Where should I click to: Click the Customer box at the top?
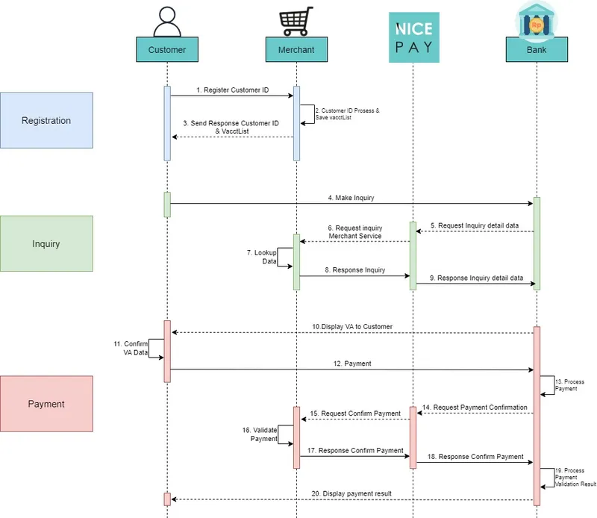[167, 50]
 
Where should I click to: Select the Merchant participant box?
[296, 50]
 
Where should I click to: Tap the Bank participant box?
[536, 50]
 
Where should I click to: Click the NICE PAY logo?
[413, 37]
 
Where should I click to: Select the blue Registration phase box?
[46, 120]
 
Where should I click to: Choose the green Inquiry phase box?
[46, 243]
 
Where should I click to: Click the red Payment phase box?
[46, 404]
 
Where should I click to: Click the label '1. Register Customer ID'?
[232, 89]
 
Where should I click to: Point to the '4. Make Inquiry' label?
[351, 198]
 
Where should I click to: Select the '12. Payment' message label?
[351, 363]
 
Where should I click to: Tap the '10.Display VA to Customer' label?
[352, 327]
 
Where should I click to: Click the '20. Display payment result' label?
[351, 493]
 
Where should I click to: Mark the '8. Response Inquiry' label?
[354, 270]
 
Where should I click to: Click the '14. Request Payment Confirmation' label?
[475, 408]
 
